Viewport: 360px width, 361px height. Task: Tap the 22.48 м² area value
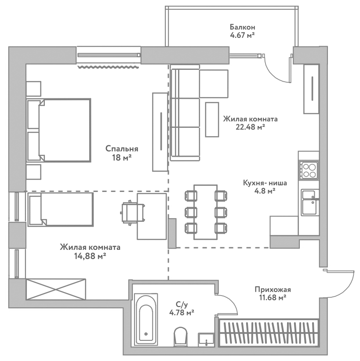click(250, 127)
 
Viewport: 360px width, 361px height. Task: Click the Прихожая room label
click(273, 289)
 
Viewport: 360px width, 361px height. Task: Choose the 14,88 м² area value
click(90, 256)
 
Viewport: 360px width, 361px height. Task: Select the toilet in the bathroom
click(180, 336)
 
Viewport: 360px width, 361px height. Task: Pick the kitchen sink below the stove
click(309, 202)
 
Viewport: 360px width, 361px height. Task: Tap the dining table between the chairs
click(205, 211)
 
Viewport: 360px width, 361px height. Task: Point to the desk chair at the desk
click(130, 213)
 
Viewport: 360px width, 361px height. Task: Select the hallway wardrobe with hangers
click(268, 334)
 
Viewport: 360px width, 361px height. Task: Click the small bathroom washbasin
click(206, 339)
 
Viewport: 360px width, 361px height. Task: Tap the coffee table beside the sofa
click(212, 119)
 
